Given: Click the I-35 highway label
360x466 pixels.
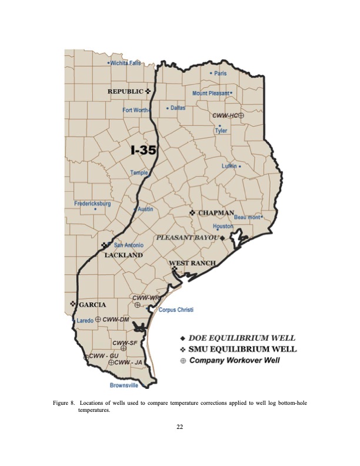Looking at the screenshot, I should [143, 150].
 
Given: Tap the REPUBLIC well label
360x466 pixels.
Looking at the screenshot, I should [125, 91].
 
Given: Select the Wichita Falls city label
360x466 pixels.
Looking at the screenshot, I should [125, 63].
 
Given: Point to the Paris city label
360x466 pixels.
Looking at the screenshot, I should [220, 73].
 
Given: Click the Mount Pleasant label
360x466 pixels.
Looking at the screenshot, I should [212, 93].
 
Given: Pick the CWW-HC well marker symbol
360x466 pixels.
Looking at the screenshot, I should [241, 116].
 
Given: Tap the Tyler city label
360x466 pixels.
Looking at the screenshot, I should [221, 131].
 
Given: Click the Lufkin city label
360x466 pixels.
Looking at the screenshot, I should [229, 166].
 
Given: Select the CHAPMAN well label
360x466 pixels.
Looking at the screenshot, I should [216, 212].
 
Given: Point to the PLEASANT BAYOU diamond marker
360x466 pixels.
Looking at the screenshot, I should [222, 238].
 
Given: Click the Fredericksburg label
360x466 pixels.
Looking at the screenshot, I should [92, 204].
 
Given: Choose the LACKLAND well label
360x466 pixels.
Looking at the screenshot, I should [124, 255].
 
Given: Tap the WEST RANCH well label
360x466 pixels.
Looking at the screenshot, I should [192, 262].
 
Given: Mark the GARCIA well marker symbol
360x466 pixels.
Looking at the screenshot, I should [73, 304].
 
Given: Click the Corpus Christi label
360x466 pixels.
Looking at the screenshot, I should [176, 309].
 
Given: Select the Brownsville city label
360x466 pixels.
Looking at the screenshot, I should [124, 385].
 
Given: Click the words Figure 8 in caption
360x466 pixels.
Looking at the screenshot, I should [64, 403].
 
